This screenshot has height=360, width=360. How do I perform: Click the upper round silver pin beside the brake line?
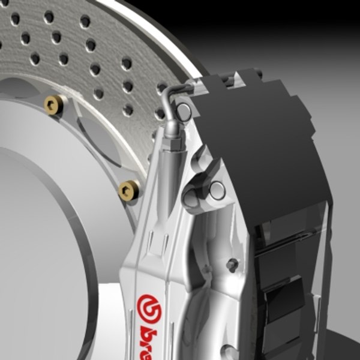pyautogui.click(x=185, y=110)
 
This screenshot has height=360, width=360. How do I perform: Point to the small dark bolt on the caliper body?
pyautogui.click(x=233, y=264)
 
